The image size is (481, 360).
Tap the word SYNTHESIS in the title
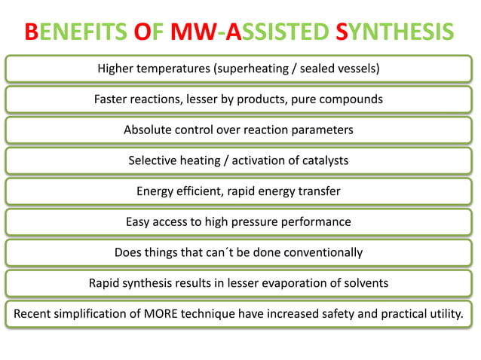[395, 32]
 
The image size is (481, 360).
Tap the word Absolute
[148, 130]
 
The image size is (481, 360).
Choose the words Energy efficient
[178, 191]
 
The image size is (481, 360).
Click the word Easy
[139, 221]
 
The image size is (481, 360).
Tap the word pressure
[268, 221]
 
